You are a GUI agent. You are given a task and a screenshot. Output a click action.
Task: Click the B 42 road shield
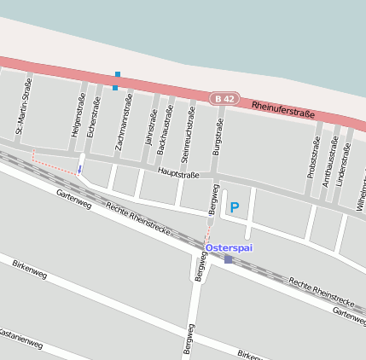(224, 99)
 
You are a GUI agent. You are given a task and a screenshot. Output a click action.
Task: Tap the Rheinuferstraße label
(283, 109)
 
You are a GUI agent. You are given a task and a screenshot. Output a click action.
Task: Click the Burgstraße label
(218, 138)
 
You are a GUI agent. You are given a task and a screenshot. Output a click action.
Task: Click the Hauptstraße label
(178, 174)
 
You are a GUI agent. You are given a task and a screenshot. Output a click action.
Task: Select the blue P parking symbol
(234, 207)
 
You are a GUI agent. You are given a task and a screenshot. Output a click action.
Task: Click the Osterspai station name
(229, 247)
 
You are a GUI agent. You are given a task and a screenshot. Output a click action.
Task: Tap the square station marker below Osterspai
(229, 259)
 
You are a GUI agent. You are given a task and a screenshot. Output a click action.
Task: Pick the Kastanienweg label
(19, 338)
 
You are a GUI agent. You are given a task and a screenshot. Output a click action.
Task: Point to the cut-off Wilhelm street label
(361, 195)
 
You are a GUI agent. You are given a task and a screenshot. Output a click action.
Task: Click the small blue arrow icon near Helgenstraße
(80, 169)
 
